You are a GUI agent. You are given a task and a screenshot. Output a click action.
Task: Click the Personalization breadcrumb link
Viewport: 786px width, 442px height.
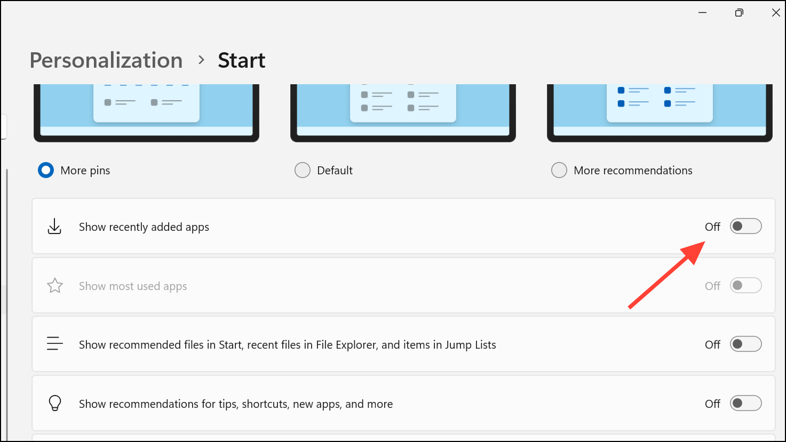pos(106,60)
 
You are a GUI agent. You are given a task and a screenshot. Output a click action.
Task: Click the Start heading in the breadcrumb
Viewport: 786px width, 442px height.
pos(241,60)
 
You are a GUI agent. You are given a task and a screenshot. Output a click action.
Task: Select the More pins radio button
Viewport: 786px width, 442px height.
pos(46,171)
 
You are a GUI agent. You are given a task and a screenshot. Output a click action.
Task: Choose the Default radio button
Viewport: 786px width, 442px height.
pos(303,171)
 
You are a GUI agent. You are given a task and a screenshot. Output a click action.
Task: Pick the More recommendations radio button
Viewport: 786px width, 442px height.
pos(559,171)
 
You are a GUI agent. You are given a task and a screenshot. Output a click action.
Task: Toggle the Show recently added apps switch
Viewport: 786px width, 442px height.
pos(745,227)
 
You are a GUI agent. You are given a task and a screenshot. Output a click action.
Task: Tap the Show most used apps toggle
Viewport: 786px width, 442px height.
pos(745,286)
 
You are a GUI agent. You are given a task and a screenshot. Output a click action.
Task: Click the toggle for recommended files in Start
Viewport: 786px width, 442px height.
pos(745,344)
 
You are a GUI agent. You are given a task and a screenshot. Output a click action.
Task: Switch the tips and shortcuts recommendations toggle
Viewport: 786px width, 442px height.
pos(745,404)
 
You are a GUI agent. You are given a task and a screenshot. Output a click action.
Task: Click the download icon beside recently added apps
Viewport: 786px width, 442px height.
pos(54,227)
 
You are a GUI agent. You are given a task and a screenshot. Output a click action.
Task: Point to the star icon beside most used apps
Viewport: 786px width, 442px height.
pos(55,286)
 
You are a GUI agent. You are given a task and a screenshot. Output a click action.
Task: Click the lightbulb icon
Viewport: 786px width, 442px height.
pos(55,404)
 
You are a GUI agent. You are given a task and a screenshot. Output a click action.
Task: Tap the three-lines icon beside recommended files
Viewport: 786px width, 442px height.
pos(55,343)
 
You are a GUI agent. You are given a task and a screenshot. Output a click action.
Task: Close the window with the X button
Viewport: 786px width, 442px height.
pos(776,13)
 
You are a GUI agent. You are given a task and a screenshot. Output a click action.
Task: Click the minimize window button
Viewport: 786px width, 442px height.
pos(702,13)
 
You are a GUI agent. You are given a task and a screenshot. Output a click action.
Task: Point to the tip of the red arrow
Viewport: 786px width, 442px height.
pos(705,242)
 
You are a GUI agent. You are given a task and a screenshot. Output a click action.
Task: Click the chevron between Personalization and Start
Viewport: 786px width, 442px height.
pos(201,60)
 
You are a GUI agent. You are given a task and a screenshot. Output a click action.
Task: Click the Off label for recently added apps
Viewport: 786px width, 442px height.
pos(712,227)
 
